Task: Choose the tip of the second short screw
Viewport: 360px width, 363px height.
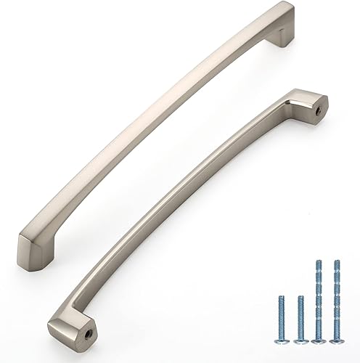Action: pyautogui.click(x=300, y=296)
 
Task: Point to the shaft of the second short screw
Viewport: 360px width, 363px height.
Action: pyautogui.click(x=300, y=316)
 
